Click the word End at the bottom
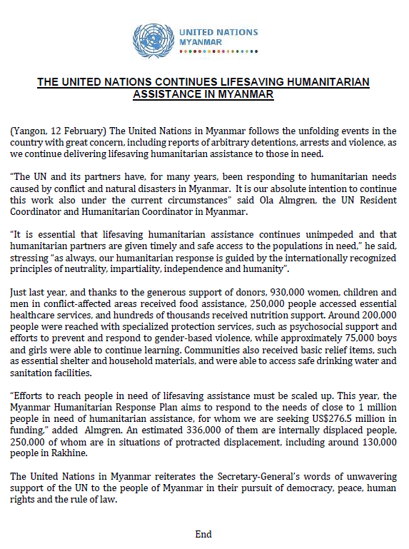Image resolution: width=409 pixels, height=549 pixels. click(x=203, y=533)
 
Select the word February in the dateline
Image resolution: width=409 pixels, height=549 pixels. click(x=75, y=131)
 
